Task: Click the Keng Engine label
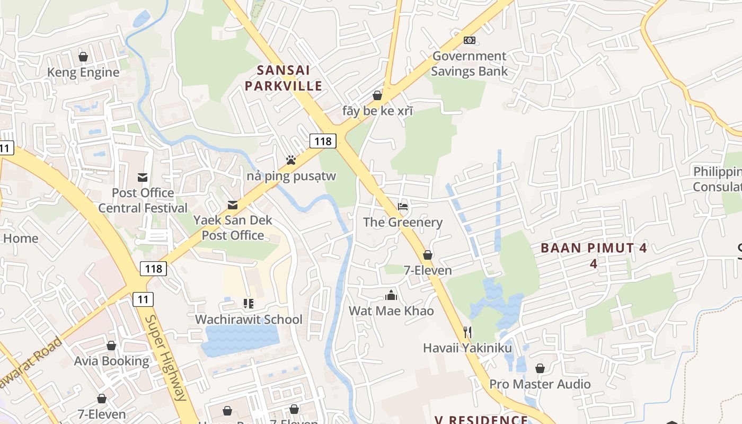click(x=83, y=72)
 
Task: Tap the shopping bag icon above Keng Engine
click(x=83, y=56)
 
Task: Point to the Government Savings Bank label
click(x=469, y=64)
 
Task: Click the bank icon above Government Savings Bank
click(x=469, y=40)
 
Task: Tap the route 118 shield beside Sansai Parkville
click(x=323, y=140)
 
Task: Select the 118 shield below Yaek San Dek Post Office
click(x=154, y=269)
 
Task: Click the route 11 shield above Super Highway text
click(x=143, y=299)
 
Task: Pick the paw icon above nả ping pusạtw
click(x=290, y=160)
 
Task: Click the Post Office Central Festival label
click(x=143, y=200)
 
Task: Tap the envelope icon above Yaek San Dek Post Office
click(x=232, y=205)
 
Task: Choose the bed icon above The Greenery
click(x=403, y=206)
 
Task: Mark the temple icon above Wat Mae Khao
click(x=391, y=295)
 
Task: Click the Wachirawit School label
click(x=249, y=319)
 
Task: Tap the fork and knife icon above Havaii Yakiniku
click(x=467, y=332)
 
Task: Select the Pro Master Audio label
click(x=540, y=384)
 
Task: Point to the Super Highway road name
click(x=166, y=358)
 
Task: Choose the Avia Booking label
click(x=111, y=361)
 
